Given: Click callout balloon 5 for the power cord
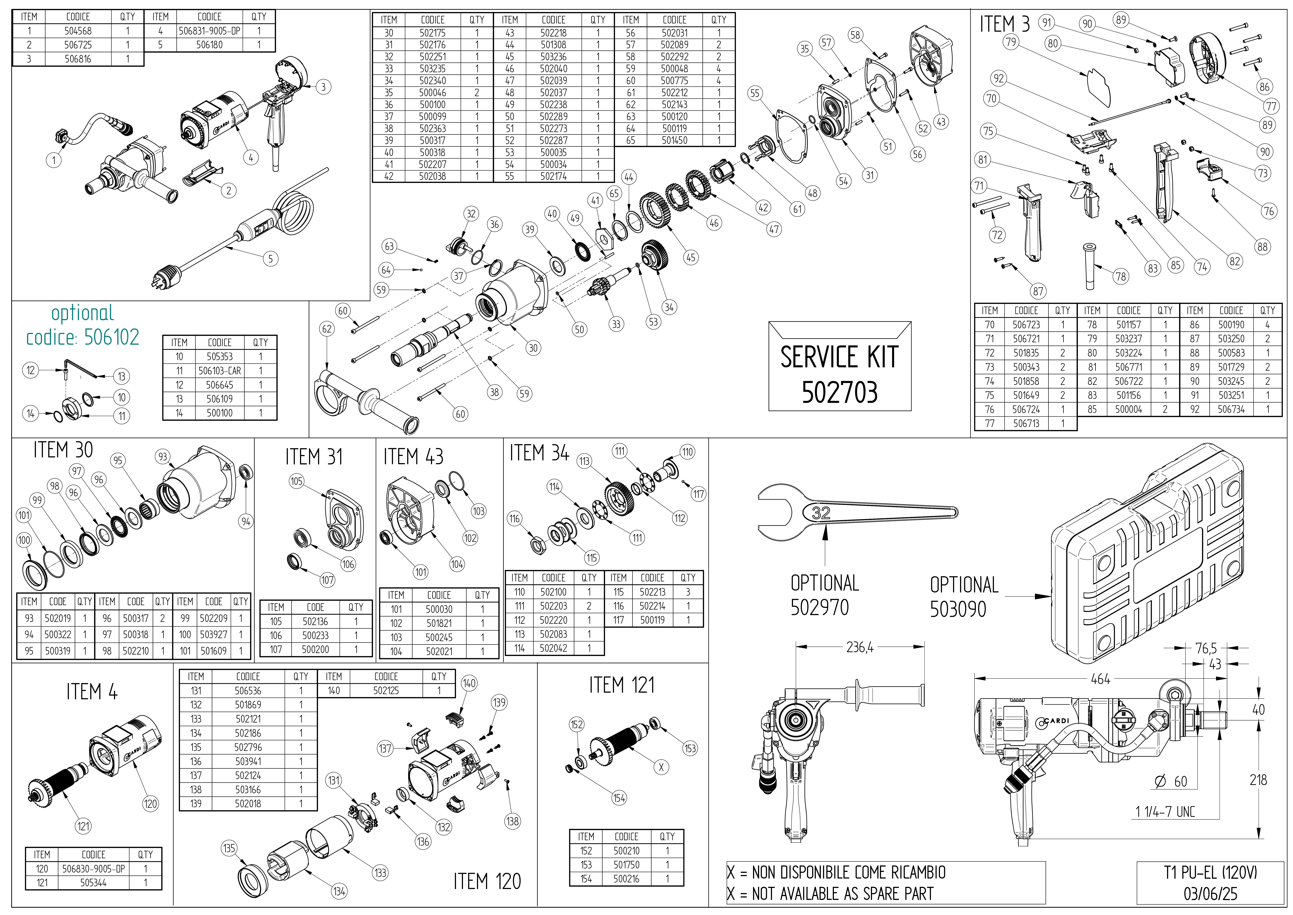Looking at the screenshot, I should point(270,259).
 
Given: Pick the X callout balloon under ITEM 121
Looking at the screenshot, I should point(661,767).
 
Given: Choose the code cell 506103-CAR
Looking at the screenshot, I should point(220,371).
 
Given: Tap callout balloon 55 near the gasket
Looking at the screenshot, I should point(755,94).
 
